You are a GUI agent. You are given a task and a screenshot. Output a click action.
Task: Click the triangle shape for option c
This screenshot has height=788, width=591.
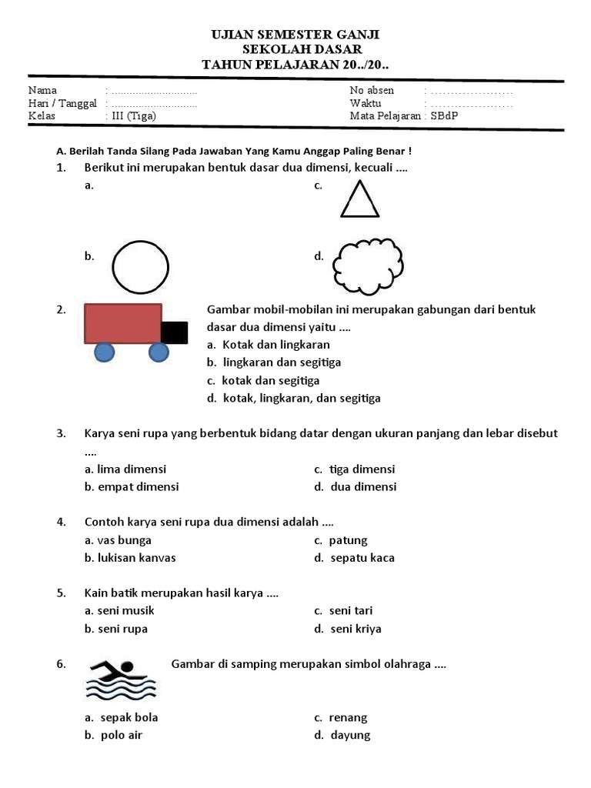tap(359, 201)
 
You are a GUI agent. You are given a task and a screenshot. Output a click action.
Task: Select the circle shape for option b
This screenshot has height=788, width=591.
tap(140, 267)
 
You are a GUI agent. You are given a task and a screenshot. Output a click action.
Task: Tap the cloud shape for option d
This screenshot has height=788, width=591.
tap(368, 265)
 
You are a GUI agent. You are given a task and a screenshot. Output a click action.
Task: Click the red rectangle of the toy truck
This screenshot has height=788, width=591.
tap(122, 322)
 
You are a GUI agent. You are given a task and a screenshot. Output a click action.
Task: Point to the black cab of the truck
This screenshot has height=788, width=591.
tap(174, 332)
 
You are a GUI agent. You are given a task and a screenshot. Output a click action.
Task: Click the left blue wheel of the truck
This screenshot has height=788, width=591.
tap(105, 352)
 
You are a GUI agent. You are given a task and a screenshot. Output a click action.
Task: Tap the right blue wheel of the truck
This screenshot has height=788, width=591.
tap(159, 352)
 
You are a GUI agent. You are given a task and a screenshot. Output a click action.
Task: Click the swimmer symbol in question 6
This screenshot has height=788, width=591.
tap(121, 679)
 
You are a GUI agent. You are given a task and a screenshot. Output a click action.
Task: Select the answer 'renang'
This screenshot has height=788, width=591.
tap(348, 717)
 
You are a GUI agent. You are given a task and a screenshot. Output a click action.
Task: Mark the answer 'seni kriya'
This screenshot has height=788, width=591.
tap(355, 629)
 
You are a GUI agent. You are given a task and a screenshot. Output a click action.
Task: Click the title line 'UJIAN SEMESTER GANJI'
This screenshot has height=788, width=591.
tap(295, 35)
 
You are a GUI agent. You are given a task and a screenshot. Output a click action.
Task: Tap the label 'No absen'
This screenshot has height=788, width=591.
tap(372, 90)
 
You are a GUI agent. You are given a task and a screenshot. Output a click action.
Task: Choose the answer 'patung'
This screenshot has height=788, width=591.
tap(348, 540)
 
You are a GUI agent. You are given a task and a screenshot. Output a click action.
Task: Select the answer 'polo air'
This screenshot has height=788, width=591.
tap(121, 735)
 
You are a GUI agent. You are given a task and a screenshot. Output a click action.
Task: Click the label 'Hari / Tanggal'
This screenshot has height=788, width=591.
tap(62, 103)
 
